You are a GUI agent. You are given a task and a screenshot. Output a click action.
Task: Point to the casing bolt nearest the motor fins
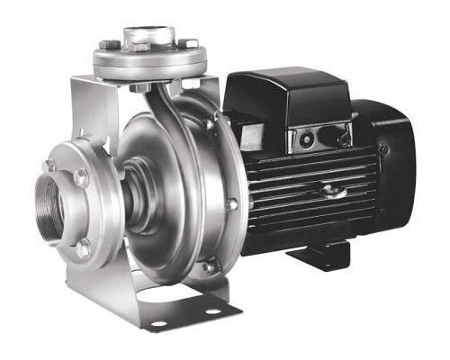[232, 204]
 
